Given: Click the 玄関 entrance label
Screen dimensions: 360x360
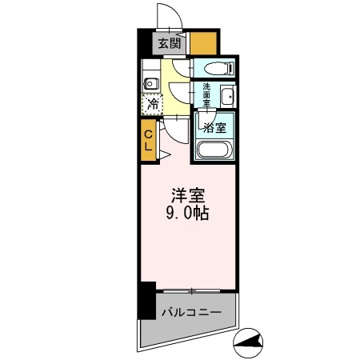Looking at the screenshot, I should click(x=168, y=44).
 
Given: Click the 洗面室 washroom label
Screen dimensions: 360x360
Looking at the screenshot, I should click(x=206, y=95).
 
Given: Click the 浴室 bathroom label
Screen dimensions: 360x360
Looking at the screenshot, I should click(x=213, y=127).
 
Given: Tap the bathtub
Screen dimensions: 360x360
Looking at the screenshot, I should click(x=214, y=150).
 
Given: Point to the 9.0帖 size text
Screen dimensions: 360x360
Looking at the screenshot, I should click(x=189, y=214).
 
